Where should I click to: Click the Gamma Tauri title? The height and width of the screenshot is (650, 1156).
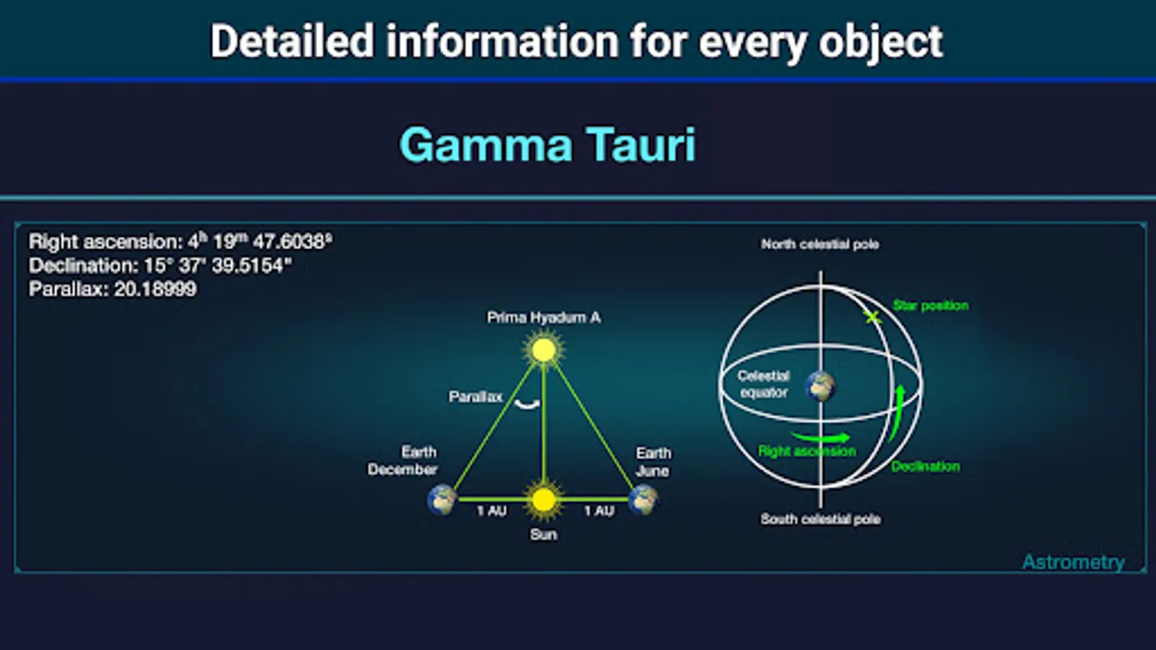pos(548,145)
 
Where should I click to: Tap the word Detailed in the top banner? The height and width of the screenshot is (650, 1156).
pos(292,40)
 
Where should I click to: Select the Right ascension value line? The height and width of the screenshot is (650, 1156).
pos(180,241)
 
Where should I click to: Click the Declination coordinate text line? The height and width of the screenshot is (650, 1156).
pos(160,266)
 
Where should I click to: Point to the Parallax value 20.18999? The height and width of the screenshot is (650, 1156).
pos(155,289)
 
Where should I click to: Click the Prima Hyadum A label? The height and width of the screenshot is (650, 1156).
pos(544,317)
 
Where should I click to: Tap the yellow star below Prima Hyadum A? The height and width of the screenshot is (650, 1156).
pos(543,350)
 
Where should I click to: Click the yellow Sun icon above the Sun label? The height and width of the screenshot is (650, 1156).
pos(543,499)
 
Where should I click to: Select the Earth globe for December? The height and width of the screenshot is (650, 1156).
pos(441,499)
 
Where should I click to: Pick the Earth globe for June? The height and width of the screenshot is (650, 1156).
pos(644,499)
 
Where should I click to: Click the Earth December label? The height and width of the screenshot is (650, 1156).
pos(402,461)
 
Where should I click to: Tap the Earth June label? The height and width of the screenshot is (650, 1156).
pos(653,461)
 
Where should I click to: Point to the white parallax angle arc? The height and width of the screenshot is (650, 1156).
pos(527,405)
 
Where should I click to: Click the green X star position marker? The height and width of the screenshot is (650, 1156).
pos(872,317)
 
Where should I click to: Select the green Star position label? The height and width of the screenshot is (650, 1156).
pos(931,305)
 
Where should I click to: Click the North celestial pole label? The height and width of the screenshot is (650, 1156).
pos(820,244)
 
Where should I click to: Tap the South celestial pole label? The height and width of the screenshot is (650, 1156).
pos(821,519)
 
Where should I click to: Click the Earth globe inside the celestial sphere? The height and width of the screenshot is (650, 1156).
pos(821,386)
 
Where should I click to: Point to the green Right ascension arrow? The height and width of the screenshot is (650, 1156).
pos(821,438)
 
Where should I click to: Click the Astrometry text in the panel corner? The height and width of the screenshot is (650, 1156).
pos(1074,562)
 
